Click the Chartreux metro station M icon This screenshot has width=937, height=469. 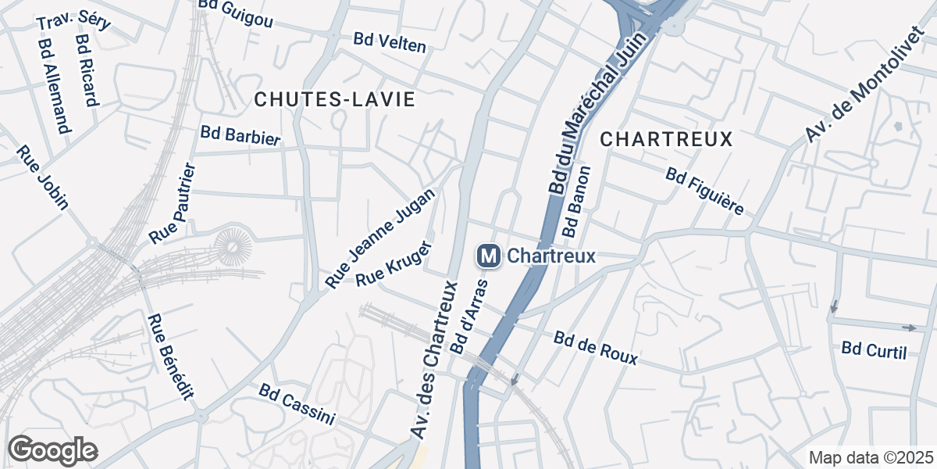click(x=489, y=256)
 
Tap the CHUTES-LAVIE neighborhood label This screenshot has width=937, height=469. click(x=334, y=99)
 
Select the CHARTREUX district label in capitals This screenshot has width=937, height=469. click(x=667, y=139)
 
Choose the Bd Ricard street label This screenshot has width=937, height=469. click(x=86, y=70)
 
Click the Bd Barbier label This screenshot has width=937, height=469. click(x=240, y=135)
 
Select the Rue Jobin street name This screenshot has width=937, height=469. click(x=43, y=178)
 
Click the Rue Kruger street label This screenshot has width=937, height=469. click(x=388, y=269)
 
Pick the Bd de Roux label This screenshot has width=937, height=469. click(x=596, y=348)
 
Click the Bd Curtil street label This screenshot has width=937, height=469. click(x=874, y=350)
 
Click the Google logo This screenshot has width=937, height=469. click(x=53, y=450)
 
